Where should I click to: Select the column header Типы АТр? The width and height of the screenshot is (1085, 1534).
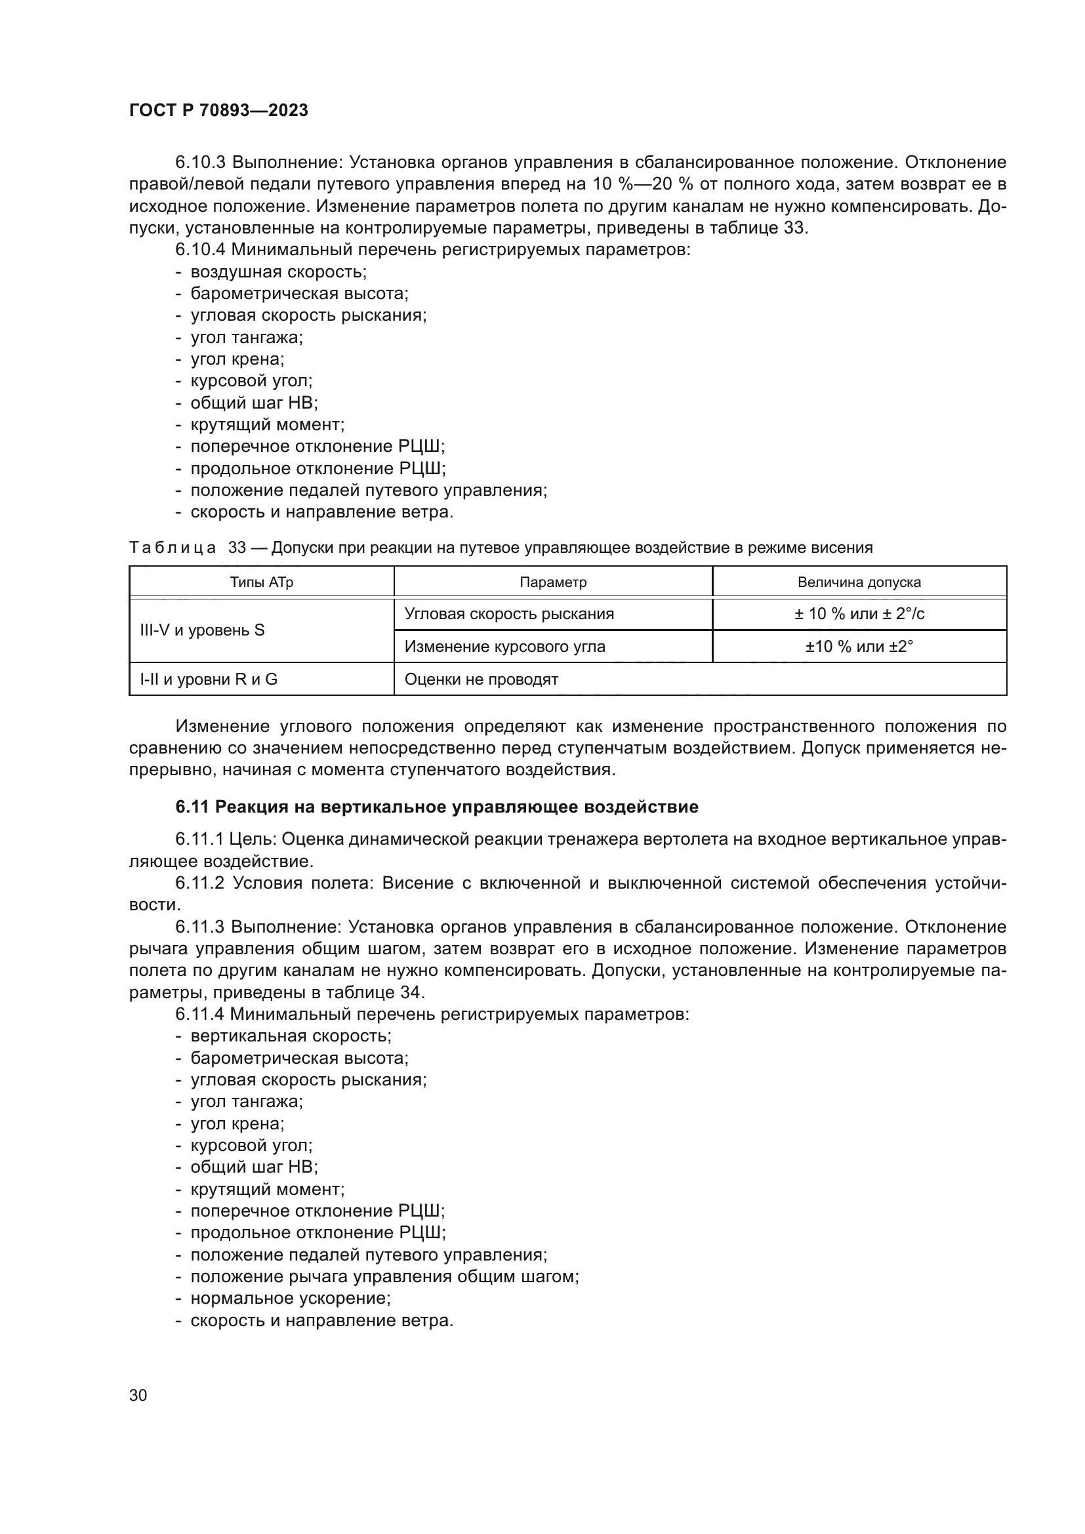coord(261,582)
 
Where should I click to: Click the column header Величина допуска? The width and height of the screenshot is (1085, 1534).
coord(859,582)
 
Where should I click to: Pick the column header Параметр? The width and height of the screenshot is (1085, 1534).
coord(552,582)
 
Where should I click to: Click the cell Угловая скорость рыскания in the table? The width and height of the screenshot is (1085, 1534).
coord(509,614)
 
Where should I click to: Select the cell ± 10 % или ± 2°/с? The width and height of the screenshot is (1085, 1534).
coord(859,614)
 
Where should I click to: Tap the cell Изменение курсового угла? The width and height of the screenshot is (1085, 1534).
coord(504,647)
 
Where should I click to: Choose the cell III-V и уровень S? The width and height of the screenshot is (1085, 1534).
coord(202,630)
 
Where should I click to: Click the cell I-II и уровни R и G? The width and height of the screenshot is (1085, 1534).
coord(209,679)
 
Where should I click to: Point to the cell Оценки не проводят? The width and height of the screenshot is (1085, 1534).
coord(481,679)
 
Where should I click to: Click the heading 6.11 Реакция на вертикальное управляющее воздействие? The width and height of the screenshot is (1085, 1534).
coord(436,807)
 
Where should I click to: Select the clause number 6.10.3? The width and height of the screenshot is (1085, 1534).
coord(201,163)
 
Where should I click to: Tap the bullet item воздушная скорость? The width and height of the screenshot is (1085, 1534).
coord(278,272)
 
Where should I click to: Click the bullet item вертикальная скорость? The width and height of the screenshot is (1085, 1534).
coord(291,1036)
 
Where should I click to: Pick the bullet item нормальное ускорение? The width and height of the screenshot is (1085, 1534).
coord(290,1298)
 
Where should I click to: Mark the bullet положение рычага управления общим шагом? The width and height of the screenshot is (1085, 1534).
coord(384,1277)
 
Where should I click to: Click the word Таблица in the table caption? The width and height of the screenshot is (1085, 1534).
coord(173,548)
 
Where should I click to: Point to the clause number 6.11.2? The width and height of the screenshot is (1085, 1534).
coord(201,883)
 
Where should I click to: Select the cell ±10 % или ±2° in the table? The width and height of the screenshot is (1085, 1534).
coord(859,647)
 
